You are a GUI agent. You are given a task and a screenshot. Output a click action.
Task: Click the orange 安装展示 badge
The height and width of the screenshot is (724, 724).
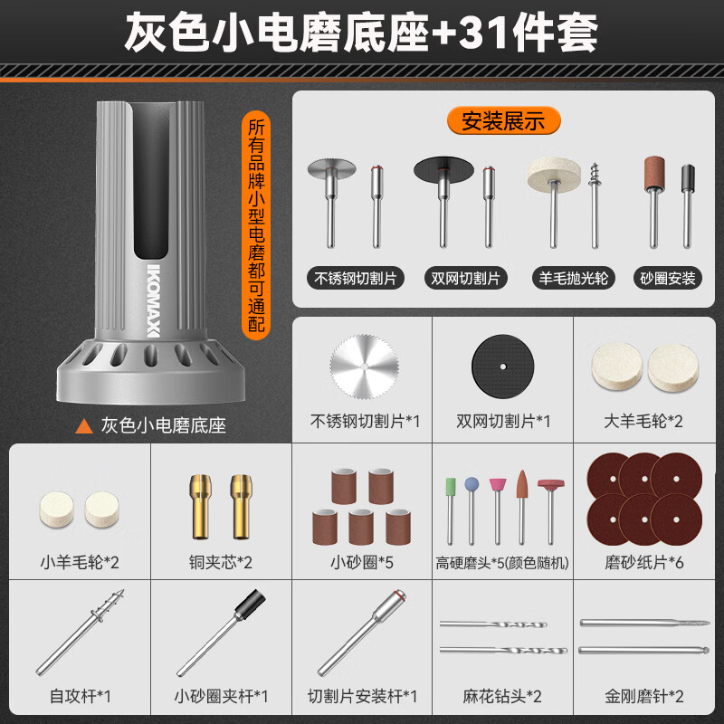(503, 119)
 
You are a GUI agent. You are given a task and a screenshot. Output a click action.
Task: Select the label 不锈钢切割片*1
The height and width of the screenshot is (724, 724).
(365, 421)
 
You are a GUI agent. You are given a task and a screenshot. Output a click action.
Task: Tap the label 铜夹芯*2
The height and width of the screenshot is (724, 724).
(221, 562)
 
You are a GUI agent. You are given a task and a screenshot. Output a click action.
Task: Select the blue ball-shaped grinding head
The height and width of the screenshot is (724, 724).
(471, 487)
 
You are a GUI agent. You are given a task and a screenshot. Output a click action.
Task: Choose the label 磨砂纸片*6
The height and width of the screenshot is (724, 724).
(644, 562)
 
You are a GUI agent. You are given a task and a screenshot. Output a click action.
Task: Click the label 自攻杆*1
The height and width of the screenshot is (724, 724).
(81, 697)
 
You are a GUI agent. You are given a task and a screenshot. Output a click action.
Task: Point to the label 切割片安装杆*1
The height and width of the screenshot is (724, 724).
(363, 697)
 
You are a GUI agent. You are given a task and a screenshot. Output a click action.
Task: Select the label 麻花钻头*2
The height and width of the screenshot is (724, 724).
(503, 697)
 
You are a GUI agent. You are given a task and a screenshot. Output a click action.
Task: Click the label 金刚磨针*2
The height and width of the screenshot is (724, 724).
(644, 697)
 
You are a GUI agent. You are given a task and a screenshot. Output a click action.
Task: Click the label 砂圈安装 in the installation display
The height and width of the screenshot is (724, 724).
(669, 278)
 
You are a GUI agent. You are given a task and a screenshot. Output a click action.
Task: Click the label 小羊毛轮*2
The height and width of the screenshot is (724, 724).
(81, 562)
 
